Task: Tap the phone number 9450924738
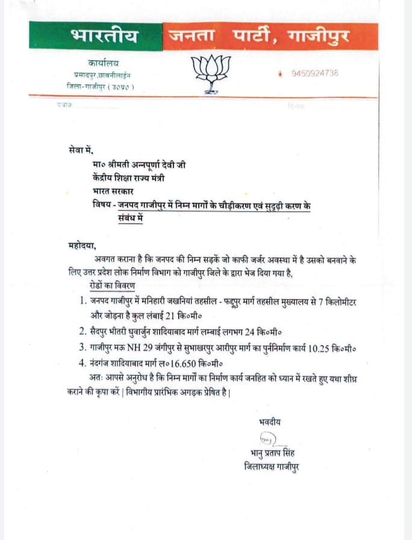click(314, 73)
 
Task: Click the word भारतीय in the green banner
click(104, 37)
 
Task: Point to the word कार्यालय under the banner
click(98, 63)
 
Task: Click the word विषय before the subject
click(96, 205)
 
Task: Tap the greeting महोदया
click(82, 246)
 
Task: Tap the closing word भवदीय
click(269, 422)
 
